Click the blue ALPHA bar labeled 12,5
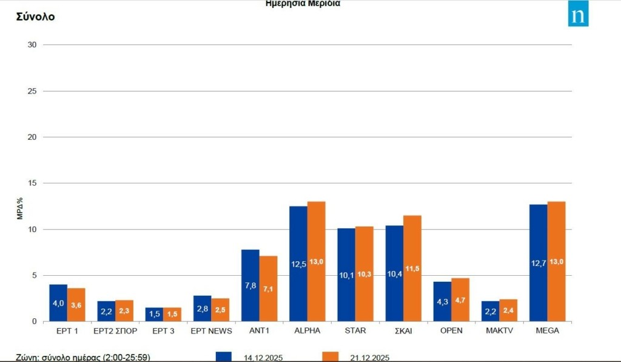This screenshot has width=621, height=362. (298, 264)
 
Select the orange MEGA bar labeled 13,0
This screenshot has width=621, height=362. (556, 261)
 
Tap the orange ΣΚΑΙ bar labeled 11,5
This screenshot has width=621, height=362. (412, 268)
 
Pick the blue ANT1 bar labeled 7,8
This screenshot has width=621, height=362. (250, 285)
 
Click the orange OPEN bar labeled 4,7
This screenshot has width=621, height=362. (460, 299)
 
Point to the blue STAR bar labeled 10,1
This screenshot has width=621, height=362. (346, 275)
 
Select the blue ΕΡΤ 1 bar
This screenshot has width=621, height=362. (58, 302)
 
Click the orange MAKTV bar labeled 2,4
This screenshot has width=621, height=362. (508, 310)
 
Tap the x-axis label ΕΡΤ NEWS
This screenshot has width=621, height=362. (211, 330)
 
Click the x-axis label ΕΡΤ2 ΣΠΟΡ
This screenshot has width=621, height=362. (115, 330)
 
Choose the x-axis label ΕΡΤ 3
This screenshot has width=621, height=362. (163, 330)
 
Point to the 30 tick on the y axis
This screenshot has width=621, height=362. (32, 45)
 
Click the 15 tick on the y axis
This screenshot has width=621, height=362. (32, 183)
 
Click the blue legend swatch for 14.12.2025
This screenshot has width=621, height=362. (224, 357)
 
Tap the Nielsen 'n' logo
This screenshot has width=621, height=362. (578, 14)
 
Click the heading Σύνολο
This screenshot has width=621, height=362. (35, 16)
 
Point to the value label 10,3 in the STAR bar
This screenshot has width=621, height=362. (364, 274)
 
